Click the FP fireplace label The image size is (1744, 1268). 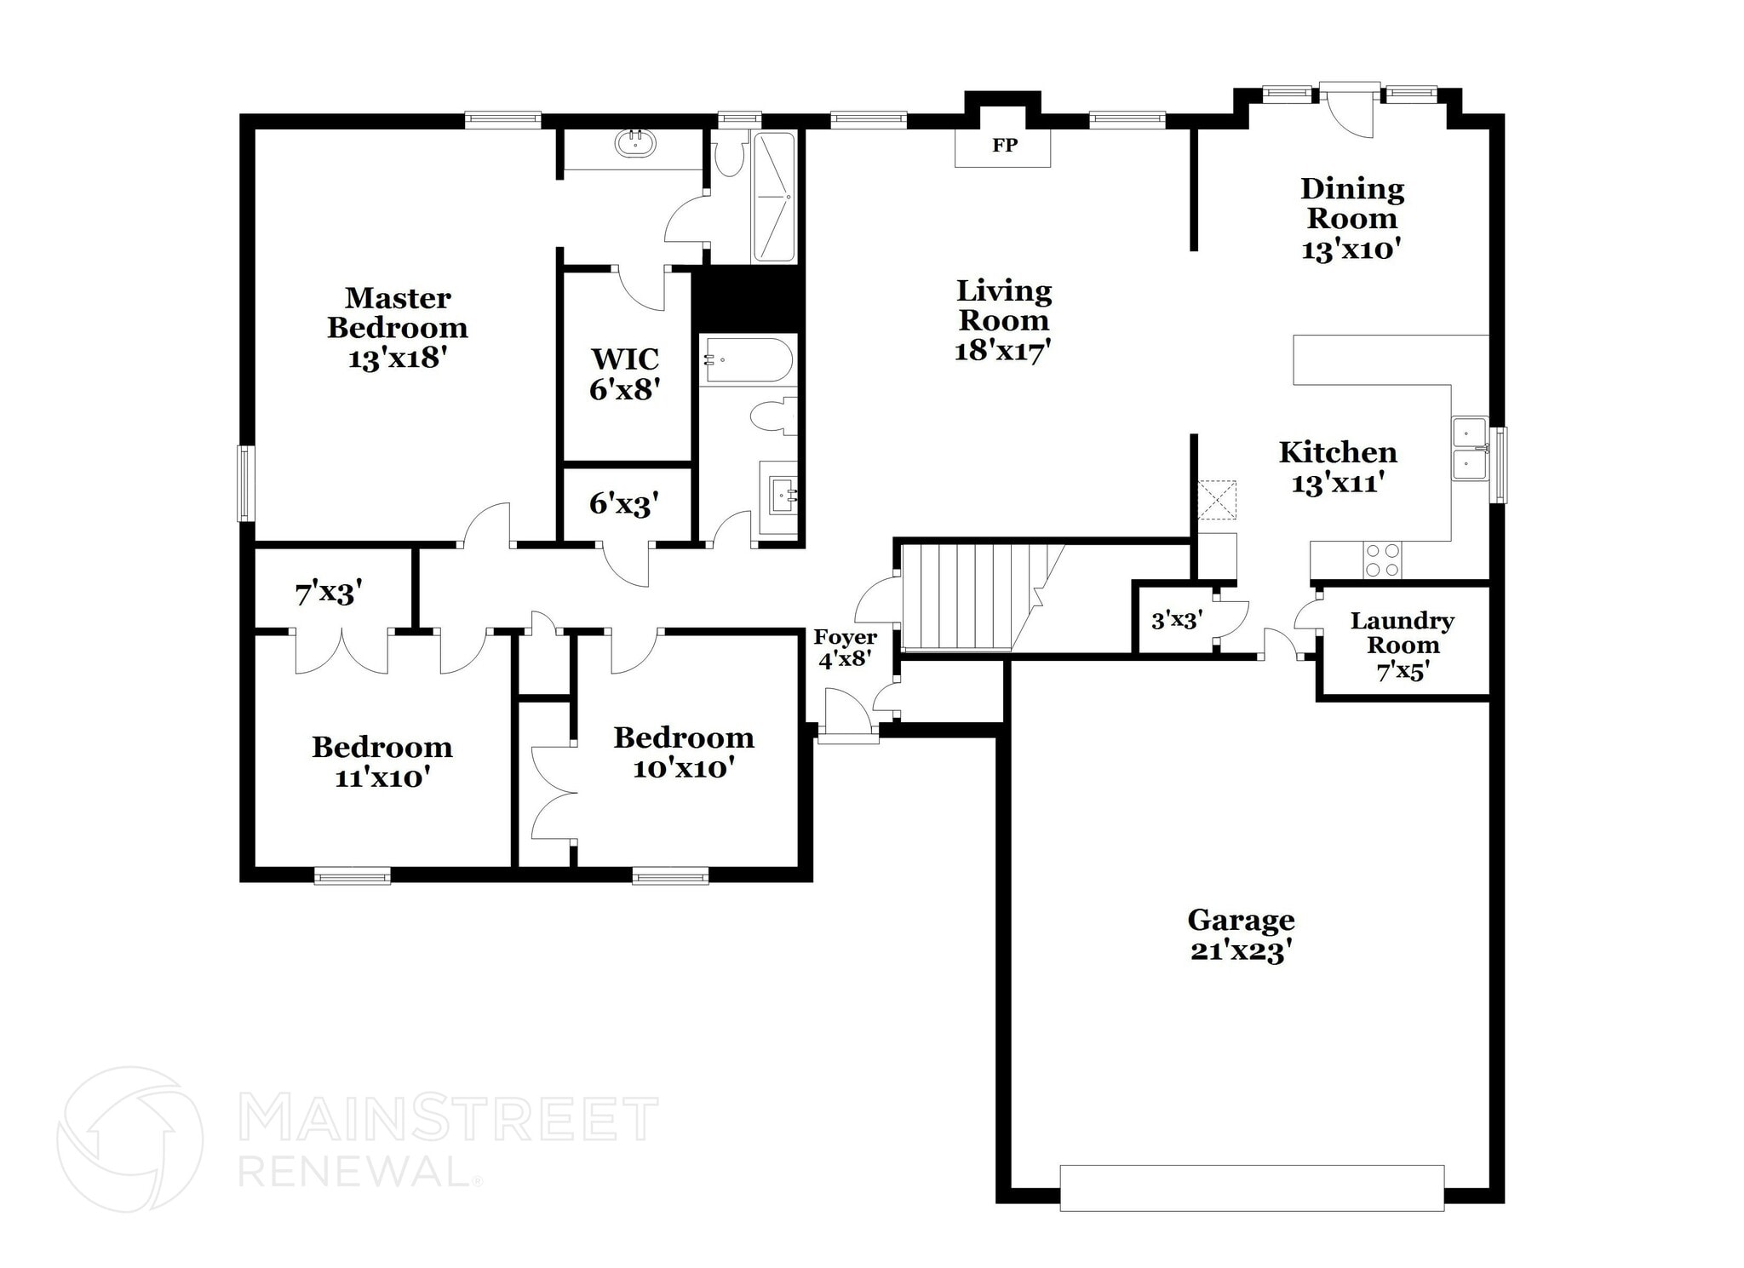pos(1005,146)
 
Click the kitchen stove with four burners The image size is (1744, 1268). pos(1382,560)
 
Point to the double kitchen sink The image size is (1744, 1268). pos(1470,450)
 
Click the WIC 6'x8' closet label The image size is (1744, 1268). pos(626,374)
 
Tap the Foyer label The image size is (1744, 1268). pos(845,637)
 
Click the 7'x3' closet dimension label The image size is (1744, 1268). pos(329,593)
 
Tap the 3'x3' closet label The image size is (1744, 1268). pos(1177,620)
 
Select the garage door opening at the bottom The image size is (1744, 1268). pos(1252,1187)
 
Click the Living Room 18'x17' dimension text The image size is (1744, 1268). pos(1003,350)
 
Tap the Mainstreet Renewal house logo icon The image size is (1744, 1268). pos(130,1139)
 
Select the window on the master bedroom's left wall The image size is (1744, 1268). pos(246,483)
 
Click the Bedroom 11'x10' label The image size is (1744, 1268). pos(382,761)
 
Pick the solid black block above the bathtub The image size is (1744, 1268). pos(748,298)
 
